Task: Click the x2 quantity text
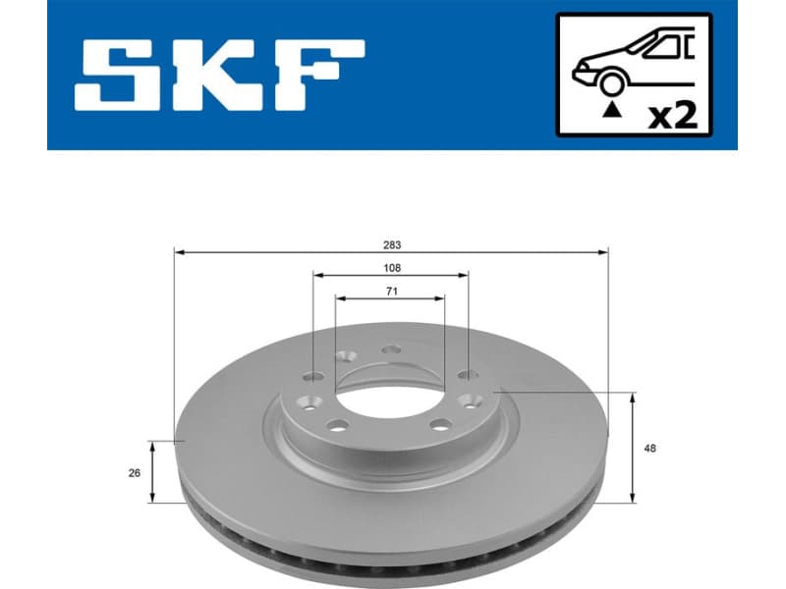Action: click(675, 117)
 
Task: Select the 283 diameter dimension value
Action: click(391, 244)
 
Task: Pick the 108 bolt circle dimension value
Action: click(391, 267)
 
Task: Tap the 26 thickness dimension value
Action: click(135, 472)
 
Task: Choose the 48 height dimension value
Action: click(650, 449)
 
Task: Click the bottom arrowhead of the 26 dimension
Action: click(152, 498)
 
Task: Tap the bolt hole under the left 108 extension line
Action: click(313, 376)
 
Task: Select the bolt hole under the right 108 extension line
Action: click(468, 375)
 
